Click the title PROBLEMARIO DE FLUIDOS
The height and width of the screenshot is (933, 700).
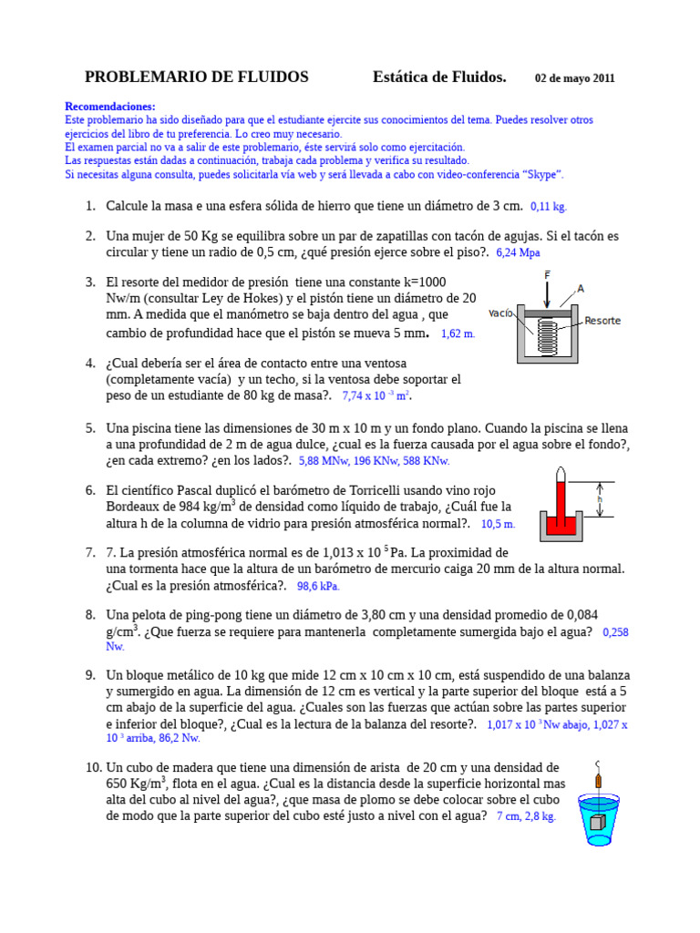click(x=196, y=77)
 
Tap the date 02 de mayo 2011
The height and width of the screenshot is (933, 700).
click(x=574, y=78)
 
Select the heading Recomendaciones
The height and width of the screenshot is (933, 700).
click(x=110, y=107)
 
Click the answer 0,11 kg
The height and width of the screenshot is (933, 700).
click(x=549, y=207)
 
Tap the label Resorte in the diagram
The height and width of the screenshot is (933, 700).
click(x=602, y=321)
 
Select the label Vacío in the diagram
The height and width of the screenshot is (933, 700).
click(x=501, y=313)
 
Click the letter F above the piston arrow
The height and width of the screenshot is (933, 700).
click(x=547, y=274)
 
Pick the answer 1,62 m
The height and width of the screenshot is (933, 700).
click(x=458, y=334)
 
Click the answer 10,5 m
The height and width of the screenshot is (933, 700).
click(x=498, y=524)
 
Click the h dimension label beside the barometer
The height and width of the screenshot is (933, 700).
click(x=600, y=500)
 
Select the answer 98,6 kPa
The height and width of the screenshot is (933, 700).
click(x=318, y=587)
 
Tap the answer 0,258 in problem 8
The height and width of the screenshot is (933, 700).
click(x=616, y=631)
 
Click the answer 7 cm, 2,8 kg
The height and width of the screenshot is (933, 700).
click(x=526, y=817)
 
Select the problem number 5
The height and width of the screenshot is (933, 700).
click(x=90, y=428)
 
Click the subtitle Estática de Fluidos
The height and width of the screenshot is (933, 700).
click(x=439, y=77)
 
